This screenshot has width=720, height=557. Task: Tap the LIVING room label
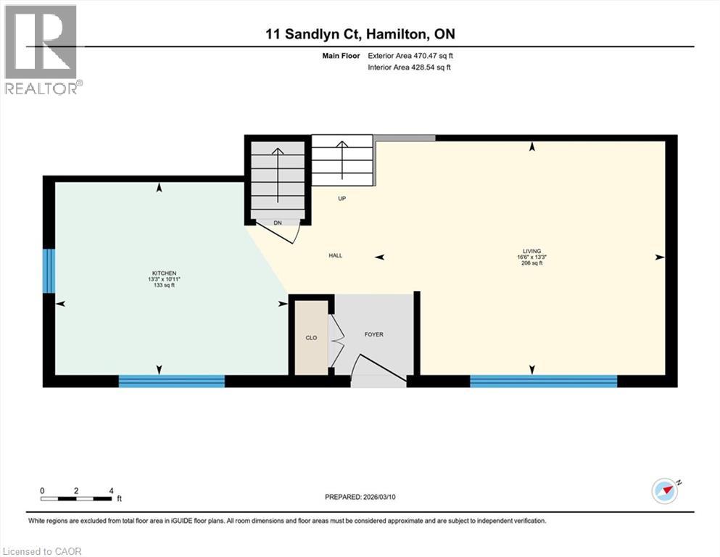532,251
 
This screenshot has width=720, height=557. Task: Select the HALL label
335,255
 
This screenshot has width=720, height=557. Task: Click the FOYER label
373,334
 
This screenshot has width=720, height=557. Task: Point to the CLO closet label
311,338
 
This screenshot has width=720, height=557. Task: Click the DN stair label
277,223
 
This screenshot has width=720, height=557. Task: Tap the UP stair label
341,198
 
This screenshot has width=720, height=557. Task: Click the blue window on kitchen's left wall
49,271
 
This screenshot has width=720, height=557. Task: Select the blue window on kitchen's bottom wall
172,381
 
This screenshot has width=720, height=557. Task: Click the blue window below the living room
543,381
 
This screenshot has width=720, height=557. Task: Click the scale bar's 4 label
111,490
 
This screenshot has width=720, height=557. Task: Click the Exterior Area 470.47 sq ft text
411,55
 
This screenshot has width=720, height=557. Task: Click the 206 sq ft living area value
531,263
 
